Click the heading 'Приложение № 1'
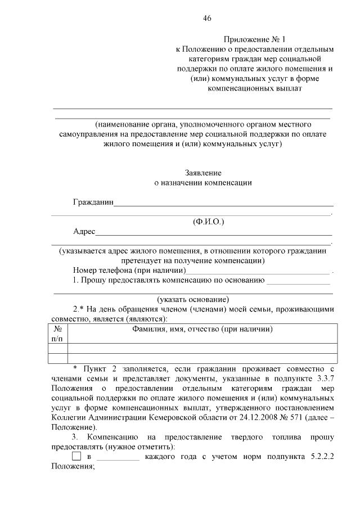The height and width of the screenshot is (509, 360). [x=255, y=39]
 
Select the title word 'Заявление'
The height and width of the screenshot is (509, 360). [x=203, y=173]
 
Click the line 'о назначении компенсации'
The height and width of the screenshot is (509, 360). [x=203, y=183]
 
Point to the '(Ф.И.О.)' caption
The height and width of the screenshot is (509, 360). [x=208, y=222]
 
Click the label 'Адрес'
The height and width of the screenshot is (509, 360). [x=84, y=232]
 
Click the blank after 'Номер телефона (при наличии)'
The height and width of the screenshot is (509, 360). [x=258, y=273]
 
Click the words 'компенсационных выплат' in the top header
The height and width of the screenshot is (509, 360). [x=255, y=88]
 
